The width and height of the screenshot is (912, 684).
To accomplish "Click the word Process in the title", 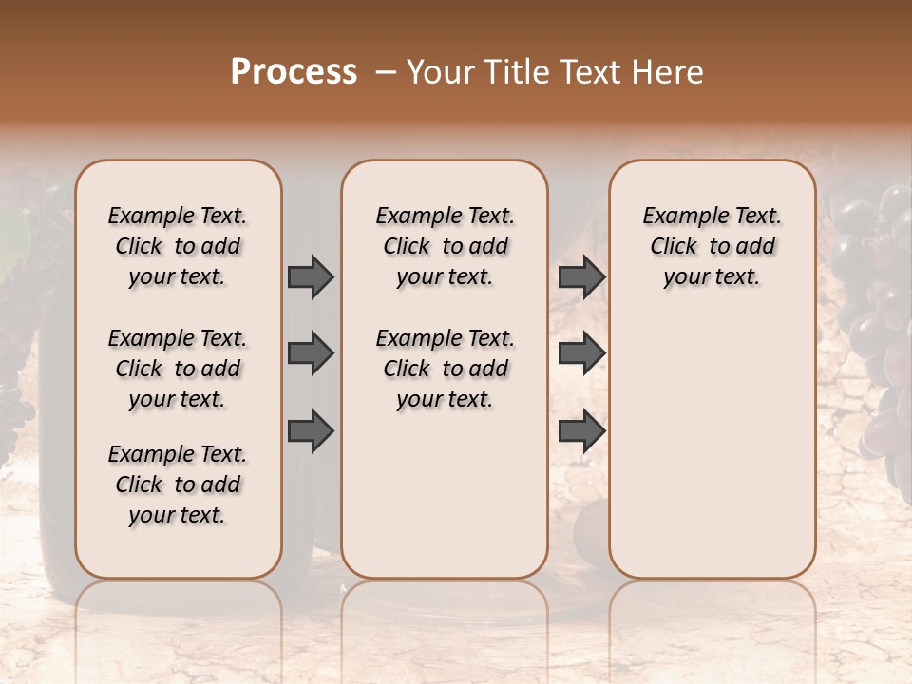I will (294, 72).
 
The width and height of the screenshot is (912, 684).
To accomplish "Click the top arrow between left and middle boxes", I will (311, 276).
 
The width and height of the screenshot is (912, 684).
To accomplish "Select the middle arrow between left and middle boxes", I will (311, 354).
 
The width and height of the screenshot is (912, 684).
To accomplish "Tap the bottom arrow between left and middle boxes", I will (311, 431).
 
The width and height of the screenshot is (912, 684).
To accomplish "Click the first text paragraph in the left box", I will (178, 246).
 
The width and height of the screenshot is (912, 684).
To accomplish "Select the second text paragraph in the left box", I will (178, 369).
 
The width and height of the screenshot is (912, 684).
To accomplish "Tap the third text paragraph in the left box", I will (178, 484).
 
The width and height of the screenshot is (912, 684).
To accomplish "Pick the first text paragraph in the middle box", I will (445, 246).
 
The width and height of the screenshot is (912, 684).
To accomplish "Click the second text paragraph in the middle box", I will (445, 369).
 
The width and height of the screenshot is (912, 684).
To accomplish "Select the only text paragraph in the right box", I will (712, 246).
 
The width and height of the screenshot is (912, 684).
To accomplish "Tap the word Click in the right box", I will (674, 246).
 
